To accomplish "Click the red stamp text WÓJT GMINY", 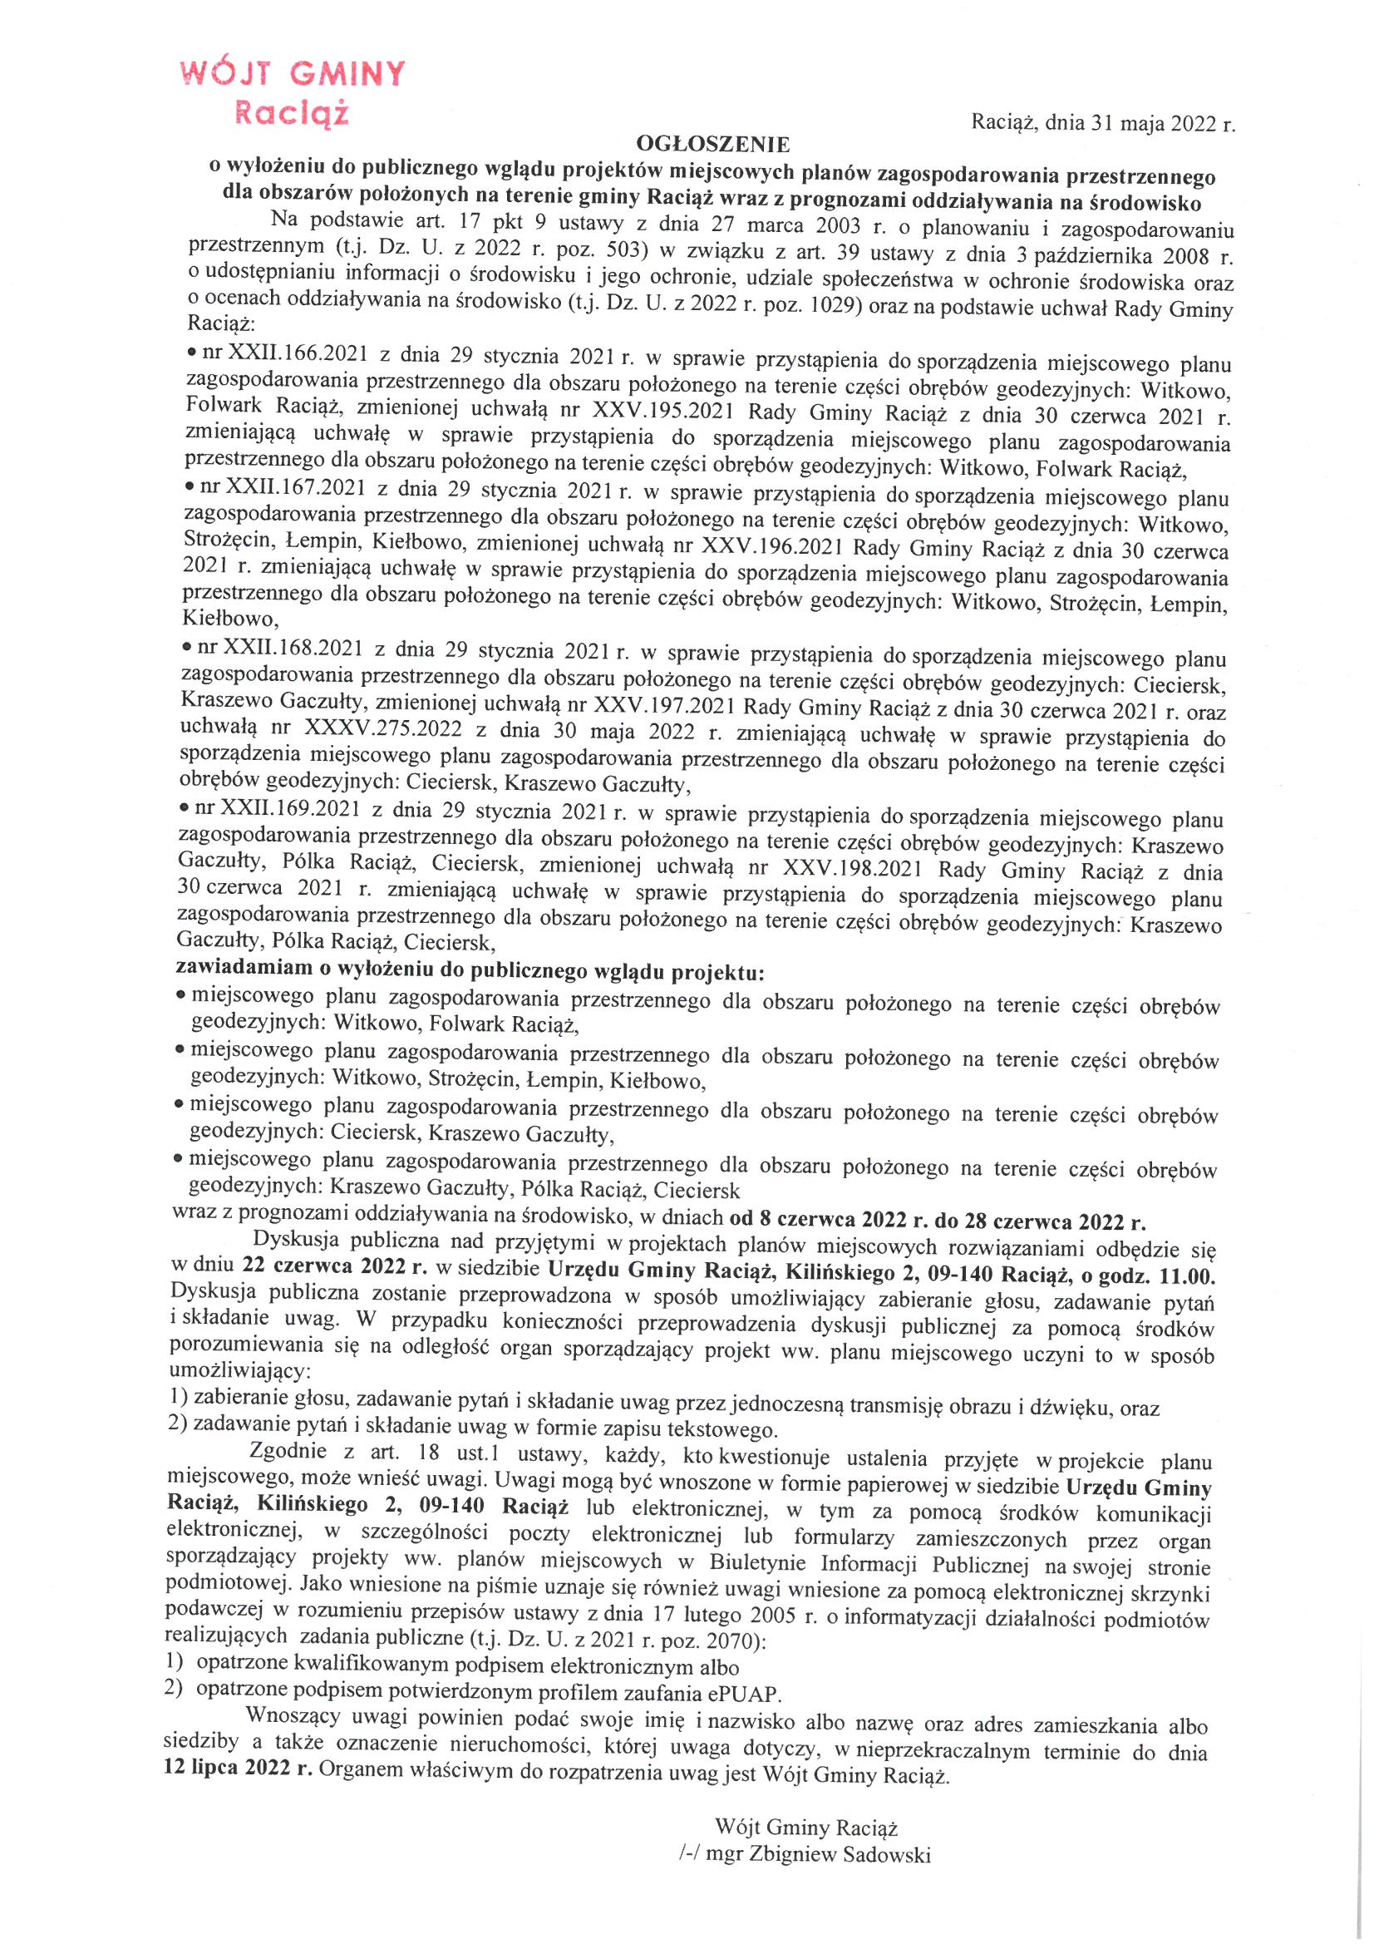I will pyautogui.click(x=293, y=74).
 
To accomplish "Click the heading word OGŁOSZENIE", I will pyautogui.click(x=713, y=145).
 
